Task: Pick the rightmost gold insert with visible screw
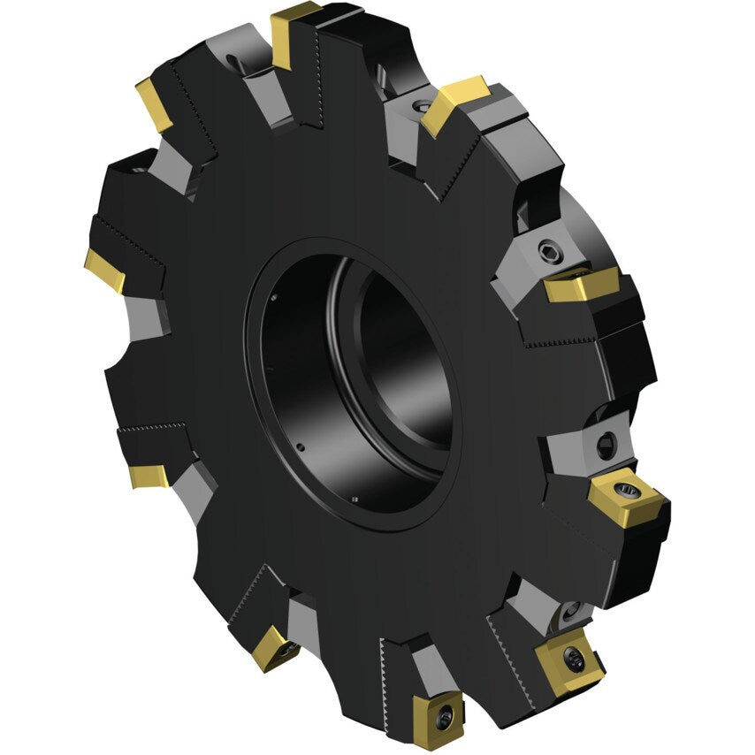[x=623, y=497]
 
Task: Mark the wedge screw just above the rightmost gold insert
[x=606, y=445]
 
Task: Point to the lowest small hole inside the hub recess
[x=353, y=501]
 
